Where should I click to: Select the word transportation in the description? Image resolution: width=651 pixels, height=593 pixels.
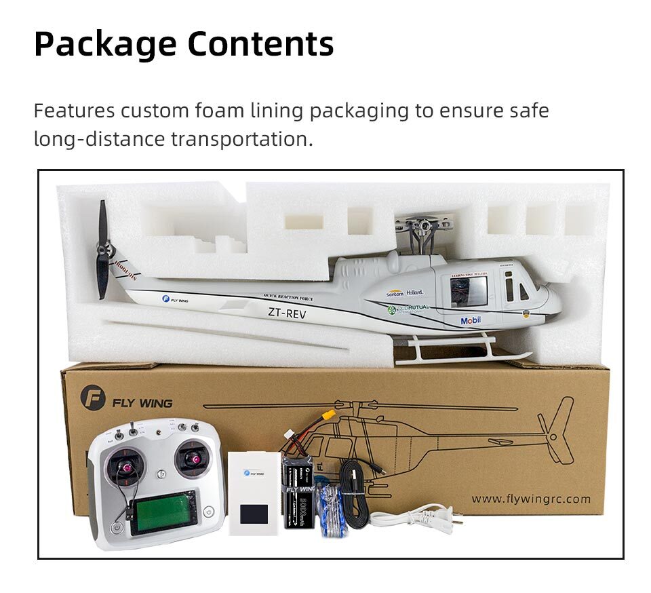coord(242,139)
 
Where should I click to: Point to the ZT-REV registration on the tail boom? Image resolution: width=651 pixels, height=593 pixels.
coord(287,313)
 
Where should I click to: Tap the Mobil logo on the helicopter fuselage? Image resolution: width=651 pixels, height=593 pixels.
coord(471,320)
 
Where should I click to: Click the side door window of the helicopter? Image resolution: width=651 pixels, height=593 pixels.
coord(469,290)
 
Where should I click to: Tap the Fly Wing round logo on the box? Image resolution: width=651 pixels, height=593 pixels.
coord(93,398)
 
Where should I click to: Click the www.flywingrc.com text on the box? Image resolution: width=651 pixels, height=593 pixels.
coord(531,499)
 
